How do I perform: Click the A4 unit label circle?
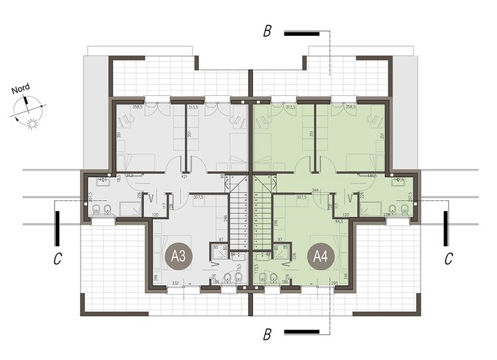[x=319, y=256]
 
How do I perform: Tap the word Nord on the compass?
[x=21, y=91]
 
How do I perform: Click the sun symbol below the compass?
[x=31, y=125]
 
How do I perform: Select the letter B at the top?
[x=267, y=32]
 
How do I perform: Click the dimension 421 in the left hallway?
[x=184, y=176]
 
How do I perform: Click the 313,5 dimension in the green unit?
[x=291, y=107]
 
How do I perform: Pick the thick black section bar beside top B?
[x=301, y=32]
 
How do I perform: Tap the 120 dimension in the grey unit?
[x=156, y=215]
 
